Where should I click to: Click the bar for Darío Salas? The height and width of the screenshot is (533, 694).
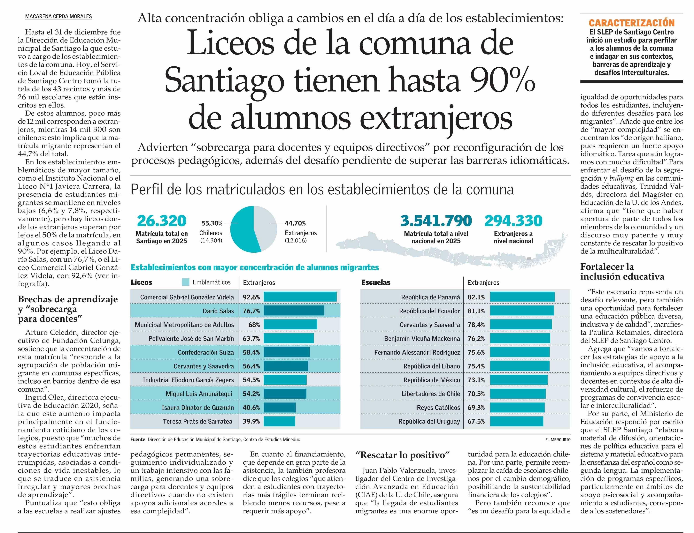tap(293, 311)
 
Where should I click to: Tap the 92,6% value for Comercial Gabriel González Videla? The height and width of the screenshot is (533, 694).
tap(251, 297)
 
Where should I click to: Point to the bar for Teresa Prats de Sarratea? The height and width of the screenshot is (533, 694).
tap(279, 421)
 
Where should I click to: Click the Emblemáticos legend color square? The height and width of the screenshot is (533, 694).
tap(186, 282)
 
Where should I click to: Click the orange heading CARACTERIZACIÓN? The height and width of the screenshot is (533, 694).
tap(631, 23)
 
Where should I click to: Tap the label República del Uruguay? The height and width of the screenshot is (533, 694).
tap(429, 421)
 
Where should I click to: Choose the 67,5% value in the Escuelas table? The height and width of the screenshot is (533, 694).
tap(476, 421)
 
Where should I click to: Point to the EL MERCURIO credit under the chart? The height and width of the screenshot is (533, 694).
tap(558, 440)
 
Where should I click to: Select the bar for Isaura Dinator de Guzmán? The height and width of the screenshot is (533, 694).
tap(279, 407)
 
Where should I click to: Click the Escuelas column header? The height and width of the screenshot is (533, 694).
tap(376, 282)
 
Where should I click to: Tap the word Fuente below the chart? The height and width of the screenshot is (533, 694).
tap(137, 439)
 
